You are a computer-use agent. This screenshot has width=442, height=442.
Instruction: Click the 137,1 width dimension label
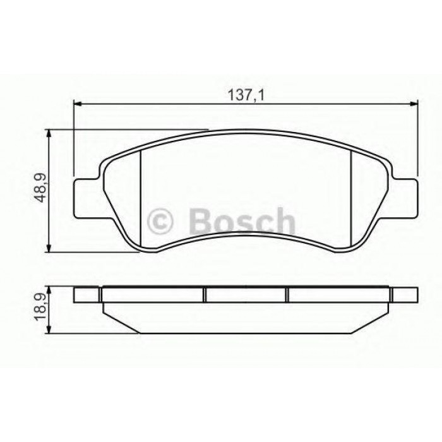pyautogui.click(x=246, y=95)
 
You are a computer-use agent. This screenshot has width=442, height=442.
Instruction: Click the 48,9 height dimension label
pyautogui.click(x=40, y=188)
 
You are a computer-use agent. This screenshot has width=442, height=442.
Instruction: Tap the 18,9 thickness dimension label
pyautogui.click(x=40, y=307)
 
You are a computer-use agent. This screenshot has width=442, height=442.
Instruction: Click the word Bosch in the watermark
pyautogui.click(x=242, y=222)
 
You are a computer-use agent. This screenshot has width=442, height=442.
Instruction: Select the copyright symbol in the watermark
pyautogui.click(x=160, y=222)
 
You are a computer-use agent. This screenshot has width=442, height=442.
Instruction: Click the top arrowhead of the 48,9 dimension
pyautogui.click(x=49, y=134)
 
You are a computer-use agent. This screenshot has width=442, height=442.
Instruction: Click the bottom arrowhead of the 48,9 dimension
pyautogui.click(x=49, y=248)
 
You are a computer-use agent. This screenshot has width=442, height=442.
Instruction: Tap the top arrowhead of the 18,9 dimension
pyautogui.click(x=49, y=291)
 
